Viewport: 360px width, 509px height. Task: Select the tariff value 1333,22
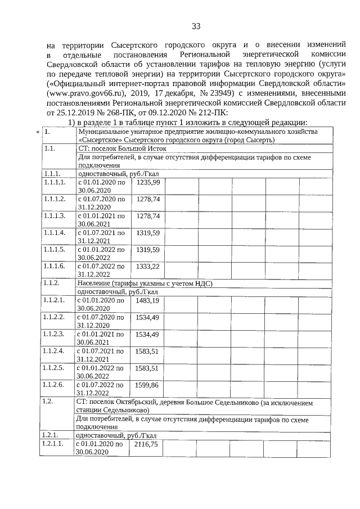(x=148, y=265)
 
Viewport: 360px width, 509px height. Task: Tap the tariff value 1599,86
(x=148, y=385)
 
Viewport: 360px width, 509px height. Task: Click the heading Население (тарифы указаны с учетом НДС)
(x=144, y=284)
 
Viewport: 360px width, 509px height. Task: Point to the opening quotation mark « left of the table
(x=38, y=132)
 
